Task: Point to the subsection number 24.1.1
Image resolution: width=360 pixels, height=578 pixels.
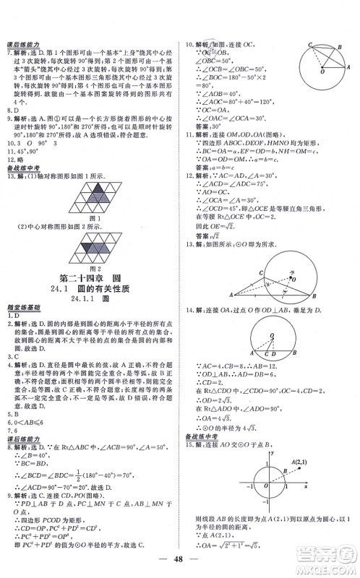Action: pyautogui.click(x=79, y=298)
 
